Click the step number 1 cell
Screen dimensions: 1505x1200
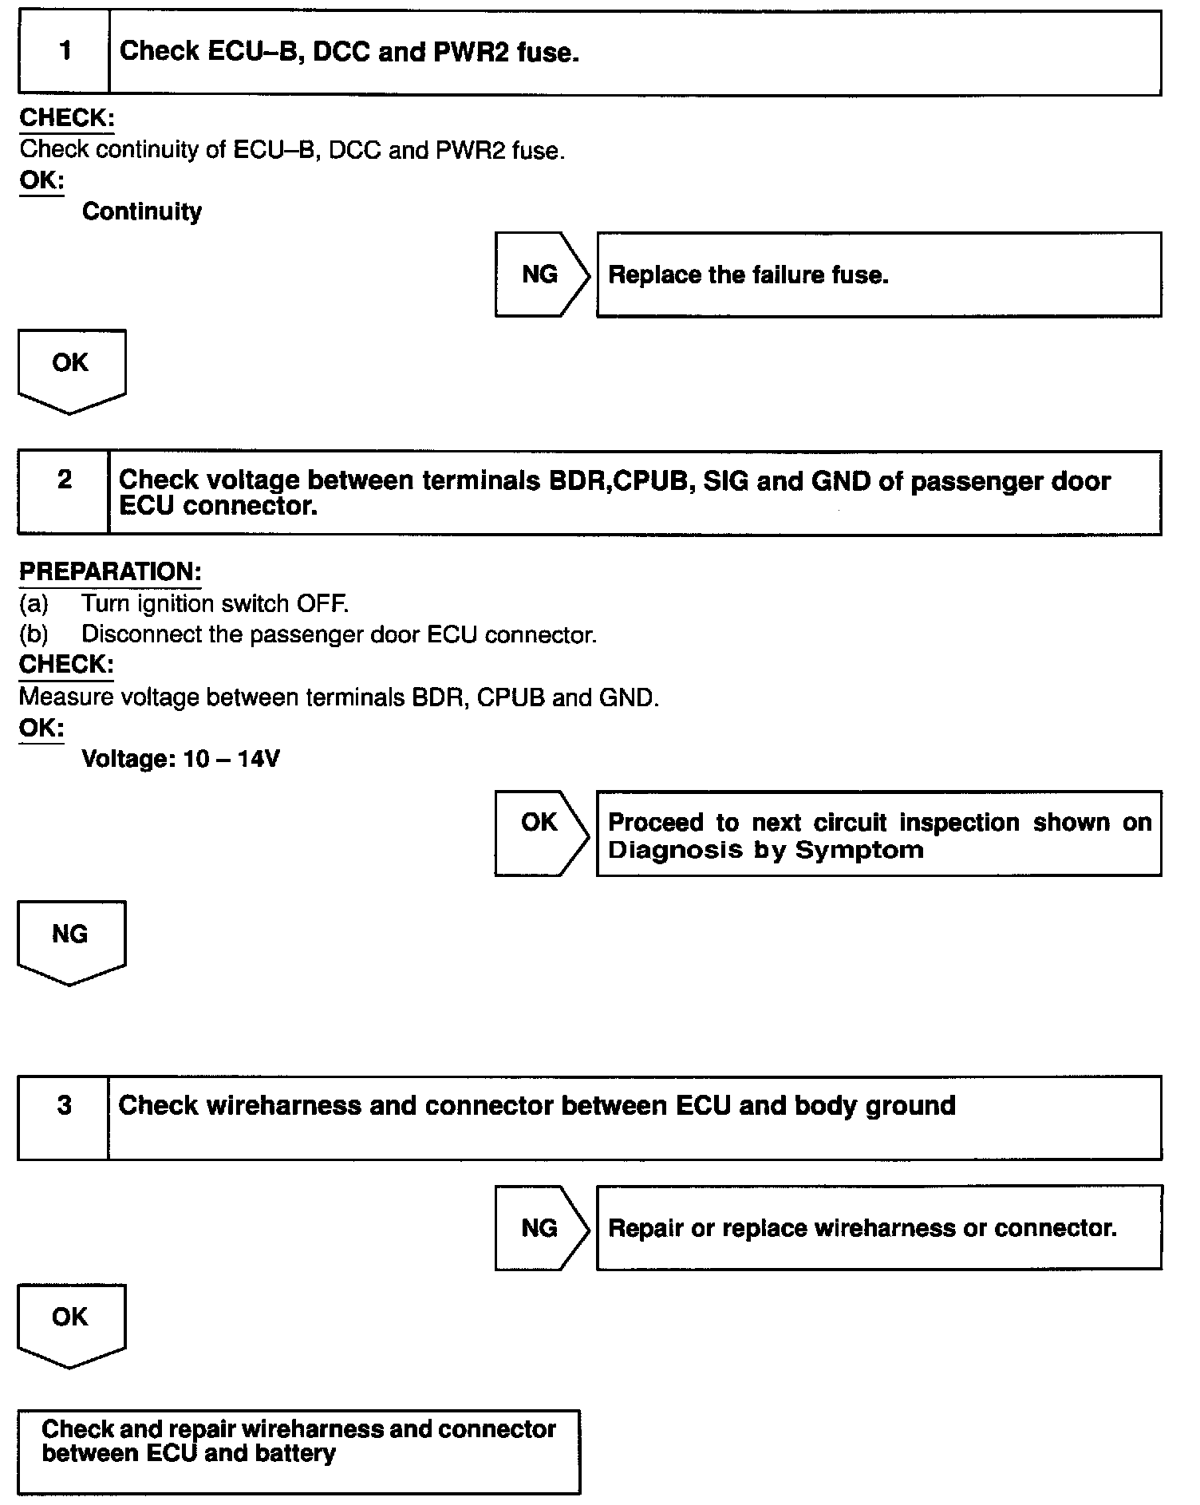pyautogui.click(x=65, y=52)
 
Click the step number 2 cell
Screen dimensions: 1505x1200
pyautogui.click(x=65, y=492)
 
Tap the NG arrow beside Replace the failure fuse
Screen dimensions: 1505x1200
pyautogui.click(x=541, y=275)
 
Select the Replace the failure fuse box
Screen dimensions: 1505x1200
pyautogui.click(x=878, y=275)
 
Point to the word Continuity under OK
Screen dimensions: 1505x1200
pyautogui.click(x=142, y=211)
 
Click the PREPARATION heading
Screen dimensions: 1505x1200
pyautogui.click(x=110, y=571)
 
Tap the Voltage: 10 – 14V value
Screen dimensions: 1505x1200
pyautogui.click(x=181, y=758)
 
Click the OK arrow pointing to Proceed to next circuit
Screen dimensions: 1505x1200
pyautogui.click(x=540, y=832)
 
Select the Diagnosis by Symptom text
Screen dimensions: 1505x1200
pyautogui.click(x=766, y=850)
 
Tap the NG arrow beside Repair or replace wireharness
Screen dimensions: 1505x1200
pyautogui.click(x=540, y=1227)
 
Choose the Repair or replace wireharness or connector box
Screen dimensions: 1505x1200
pyautogui.click(x=878, y=1227)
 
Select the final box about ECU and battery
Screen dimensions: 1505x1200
pyautogui.click(x=298, y=1451)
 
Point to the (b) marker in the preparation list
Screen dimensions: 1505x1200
pyautogui.click(x=34, y=634)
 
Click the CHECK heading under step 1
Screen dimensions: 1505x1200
pyautogui.click(x=66, y=118)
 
